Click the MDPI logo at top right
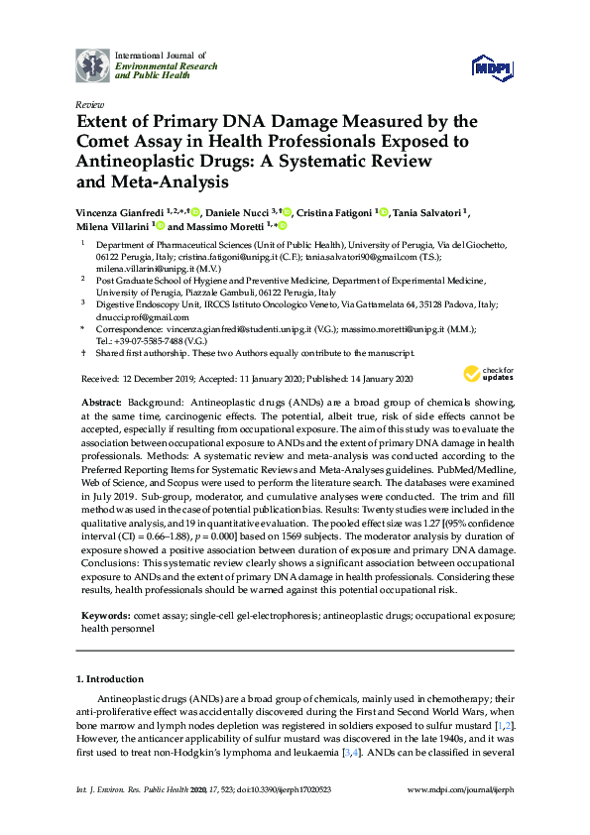[x=492, y=66]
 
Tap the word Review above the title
[x=88, y=104]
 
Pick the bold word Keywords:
[x=105, y=616]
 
